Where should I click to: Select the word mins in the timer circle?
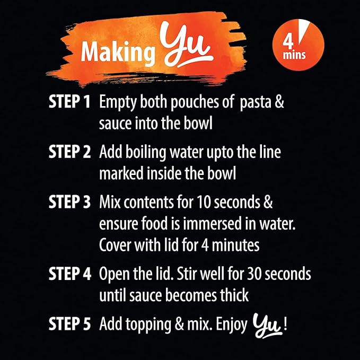294,55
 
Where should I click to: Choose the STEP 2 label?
69,152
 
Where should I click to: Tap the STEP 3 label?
69,202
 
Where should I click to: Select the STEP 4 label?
70,274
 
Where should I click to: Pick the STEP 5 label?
69,324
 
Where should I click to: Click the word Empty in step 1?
118,103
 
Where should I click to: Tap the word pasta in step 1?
256,103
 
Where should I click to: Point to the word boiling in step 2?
146,153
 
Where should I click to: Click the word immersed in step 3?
213,223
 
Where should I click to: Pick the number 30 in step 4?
254,274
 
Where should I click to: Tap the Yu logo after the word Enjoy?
267,326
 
